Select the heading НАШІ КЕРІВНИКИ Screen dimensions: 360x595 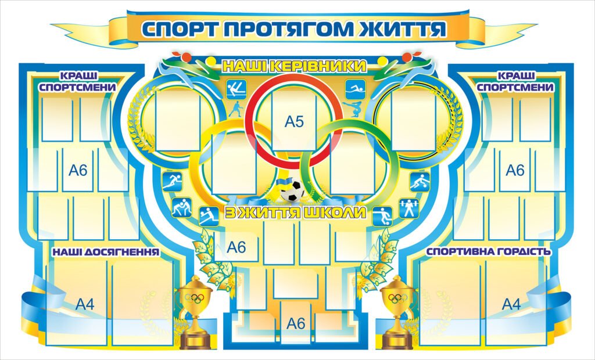294,66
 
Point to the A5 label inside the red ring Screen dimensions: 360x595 295,122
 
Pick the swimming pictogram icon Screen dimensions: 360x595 354,89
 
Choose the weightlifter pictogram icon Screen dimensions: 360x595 409,208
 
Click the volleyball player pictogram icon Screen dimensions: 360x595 207,215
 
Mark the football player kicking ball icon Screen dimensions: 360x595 382,215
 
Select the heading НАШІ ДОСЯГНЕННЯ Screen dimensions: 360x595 106,253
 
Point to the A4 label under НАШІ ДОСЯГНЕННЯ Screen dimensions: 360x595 85,304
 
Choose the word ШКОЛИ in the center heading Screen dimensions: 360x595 338,213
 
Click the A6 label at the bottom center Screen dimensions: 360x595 296,324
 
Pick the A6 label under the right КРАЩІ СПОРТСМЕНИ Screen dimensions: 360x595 515,170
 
